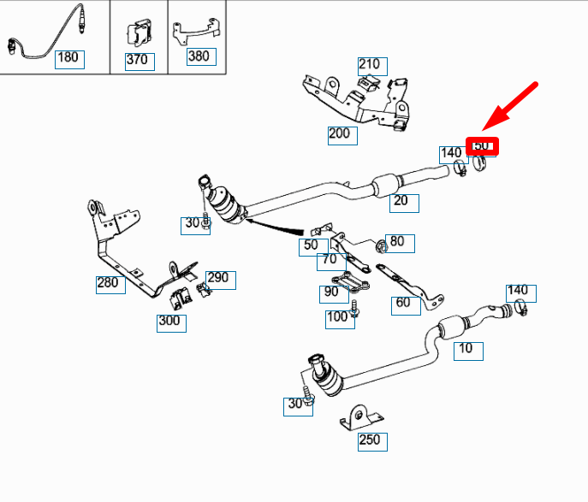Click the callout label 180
pos(67,59)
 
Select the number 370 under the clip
pos(136,61)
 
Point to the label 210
pos(369,65)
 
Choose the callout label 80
pos(397,243)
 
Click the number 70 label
pos(327,260)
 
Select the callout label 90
pos(330,293)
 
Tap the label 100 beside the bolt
pos(337,318)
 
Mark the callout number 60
pos(403,302)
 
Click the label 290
pos(218,279)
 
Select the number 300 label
pos(169,322)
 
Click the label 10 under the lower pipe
pos(466,349)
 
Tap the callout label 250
pos(370,441)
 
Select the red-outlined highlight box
pos(482,145)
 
